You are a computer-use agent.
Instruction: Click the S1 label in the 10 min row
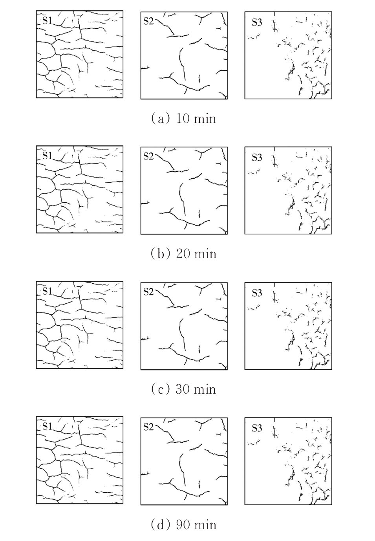pos(47,20)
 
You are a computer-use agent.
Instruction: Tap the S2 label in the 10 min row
pos(148,22)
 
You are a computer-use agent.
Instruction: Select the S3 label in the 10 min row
pos(257,22)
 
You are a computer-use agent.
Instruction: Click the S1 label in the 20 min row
pos(47,156)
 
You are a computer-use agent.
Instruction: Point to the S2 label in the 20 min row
pos(148,157)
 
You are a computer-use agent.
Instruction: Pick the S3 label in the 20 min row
pos(257,158)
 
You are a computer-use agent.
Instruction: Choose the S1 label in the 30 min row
pos(47,291)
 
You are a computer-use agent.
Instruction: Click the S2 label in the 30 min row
pos(148,292)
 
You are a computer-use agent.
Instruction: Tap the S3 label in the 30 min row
pos(257,293)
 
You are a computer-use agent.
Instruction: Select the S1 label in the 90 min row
pos(47,427)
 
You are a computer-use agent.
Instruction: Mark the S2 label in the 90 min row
pos(148,427)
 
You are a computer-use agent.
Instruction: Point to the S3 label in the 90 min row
pos(257,429)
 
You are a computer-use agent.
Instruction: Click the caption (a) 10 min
pos(184,119)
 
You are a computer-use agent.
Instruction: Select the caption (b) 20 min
pos(184,254)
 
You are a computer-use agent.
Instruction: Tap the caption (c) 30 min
pos(184,390)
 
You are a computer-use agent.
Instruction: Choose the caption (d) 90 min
pos(184,525)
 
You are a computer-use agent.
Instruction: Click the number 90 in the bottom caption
pos(183,525)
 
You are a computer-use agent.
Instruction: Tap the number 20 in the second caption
pos(183,254)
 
